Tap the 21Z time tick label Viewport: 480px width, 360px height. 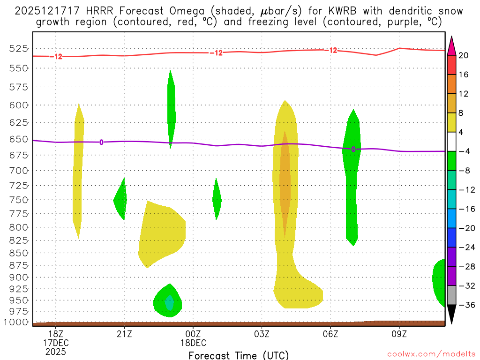coord(124,333)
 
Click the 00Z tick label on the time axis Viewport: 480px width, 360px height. coord(193,333)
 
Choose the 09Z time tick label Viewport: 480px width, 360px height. coord(399,333)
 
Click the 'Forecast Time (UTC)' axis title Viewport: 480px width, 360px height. coord(239,355)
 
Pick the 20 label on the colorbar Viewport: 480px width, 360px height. coord(464,55)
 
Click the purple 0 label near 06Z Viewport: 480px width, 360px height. coord(353,149)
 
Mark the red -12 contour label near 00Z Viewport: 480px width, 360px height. coord(216,53)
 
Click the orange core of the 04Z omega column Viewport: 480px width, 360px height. coord(285,183)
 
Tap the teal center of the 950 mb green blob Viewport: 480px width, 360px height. coord(169,303)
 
